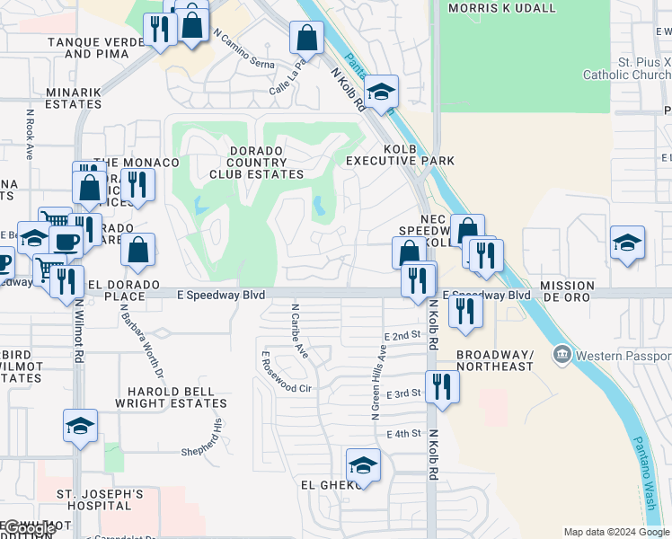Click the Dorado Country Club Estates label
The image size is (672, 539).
click(x=256, y=162)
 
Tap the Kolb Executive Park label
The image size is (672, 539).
click(x=401, y=155)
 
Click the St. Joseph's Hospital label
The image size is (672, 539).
click(x=99, y=500)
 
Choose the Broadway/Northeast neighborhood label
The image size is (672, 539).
click(x=494, y=360)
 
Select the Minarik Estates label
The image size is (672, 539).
click(x=62, y=98)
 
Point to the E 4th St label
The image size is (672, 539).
click(x=404, y=434)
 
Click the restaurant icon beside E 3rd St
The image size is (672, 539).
click(x=442, y=386)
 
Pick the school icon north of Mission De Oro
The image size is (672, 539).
click(x=627, y=242)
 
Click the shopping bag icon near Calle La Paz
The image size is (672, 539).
click(x=306, y=39)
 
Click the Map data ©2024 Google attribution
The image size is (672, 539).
click(x=616, y=531)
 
